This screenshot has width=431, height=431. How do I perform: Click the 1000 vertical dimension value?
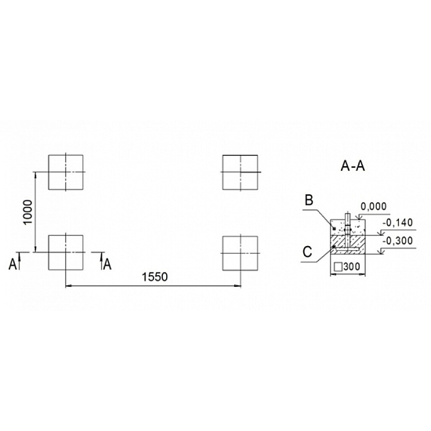(28, 212)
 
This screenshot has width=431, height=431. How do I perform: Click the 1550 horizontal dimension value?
(154, 277)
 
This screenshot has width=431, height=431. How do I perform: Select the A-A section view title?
(353, 166)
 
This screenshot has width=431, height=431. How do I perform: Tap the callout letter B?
(310, 200)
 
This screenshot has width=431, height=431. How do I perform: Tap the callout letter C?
(307, 252)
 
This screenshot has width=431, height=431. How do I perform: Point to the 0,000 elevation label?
(374, 206)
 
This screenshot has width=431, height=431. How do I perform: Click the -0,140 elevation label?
(397, 223)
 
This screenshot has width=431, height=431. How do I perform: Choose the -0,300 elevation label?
(397, 241)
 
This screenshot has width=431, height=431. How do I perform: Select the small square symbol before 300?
(338, 267)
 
